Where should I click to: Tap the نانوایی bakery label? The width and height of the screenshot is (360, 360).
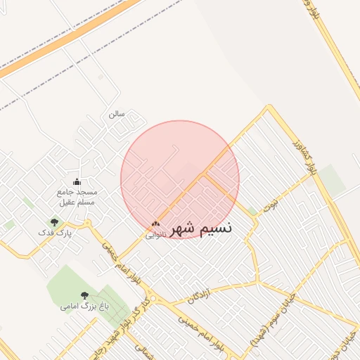point(156,235)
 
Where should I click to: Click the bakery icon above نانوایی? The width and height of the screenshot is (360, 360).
point(156,224)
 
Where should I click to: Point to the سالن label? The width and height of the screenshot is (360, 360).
point(117,113)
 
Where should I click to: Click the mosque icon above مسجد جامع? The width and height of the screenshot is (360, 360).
point(77,182)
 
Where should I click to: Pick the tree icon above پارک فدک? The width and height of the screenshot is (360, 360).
point(54,222)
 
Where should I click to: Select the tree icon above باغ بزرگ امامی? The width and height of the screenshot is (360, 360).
point(84,296)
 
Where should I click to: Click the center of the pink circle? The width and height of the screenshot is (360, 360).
point(180,179)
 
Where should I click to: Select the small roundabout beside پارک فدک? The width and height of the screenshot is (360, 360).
point(88,224)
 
